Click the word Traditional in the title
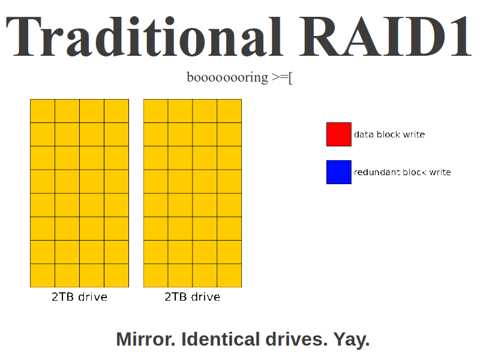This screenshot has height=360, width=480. (144, 36)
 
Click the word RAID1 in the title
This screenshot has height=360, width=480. (385, 36)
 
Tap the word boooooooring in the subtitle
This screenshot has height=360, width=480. (227, 77)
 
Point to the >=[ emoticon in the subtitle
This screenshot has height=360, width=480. (282, 77)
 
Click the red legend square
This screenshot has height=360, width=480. (339, 134)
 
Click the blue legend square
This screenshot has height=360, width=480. (339, 172)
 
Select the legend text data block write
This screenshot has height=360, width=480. (389, 134)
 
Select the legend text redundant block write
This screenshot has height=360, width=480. (402, 172)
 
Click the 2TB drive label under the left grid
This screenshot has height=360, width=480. (79, 296)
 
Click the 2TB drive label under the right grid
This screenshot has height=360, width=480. (192, 296)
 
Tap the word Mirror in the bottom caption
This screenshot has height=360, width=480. (146, 339)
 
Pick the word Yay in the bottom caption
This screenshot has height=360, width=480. (352, 340)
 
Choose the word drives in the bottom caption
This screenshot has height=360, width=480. (296, 339)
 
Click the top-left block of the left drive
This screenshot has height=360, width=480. (43, 111)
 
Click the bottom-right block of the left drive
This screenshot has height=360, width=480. (116, 275)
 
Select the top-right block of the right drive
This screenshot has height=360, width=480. (229, 111)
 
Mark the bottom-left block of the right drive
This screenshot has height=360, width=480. (156, 275)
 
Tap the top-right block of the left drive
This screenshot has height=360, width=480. (116, 111)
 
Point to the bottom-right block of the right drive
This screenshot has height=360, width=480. (229, 275)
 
